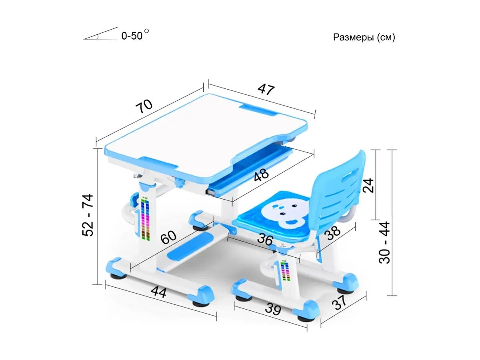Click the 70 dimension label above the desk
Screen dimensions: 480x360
144,106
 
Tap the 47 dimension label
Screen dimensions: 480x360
266,89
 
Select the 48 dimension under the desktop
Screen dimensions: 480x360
261,175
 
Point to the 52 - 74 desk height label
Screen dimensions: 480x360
88,215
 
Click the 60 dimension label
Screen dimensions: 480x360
168,237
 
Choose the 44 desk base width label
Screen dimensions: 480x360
158,292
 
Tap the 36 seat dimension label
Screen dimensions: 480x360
265,239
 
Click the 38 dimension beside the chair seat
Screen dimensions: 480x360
332,232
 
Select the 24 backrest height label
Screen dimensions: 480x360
368,186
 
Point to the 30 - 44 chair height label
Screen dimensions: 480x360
384,243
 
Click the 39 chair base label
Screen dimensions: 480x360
273,309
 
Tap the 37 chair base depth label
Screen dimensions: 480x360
339,302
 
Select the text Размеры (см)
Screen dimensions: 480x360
364,37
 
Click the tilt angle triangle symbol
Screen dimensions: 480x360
100,33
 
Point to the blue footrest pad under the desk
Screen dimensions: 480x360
190,246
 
